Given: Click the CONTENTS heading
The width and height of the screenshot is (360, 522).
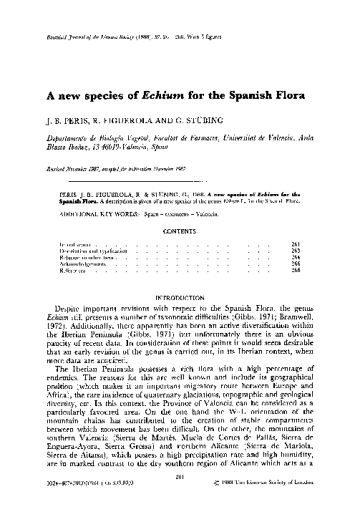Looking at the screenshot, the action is click(180, 231).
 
